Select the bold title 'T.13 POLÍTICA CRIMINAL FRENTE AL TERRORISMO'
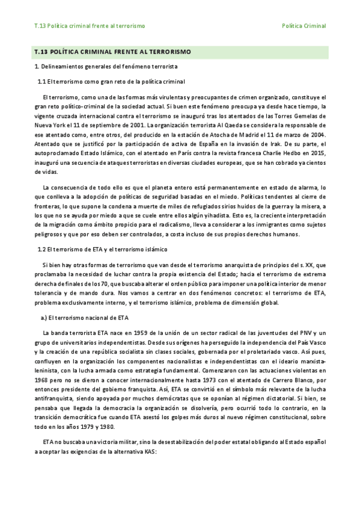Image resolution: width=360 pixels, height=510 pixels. pos(112,52)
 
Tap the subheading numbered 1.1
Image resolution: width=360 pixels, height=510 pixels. pos(111,81)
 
